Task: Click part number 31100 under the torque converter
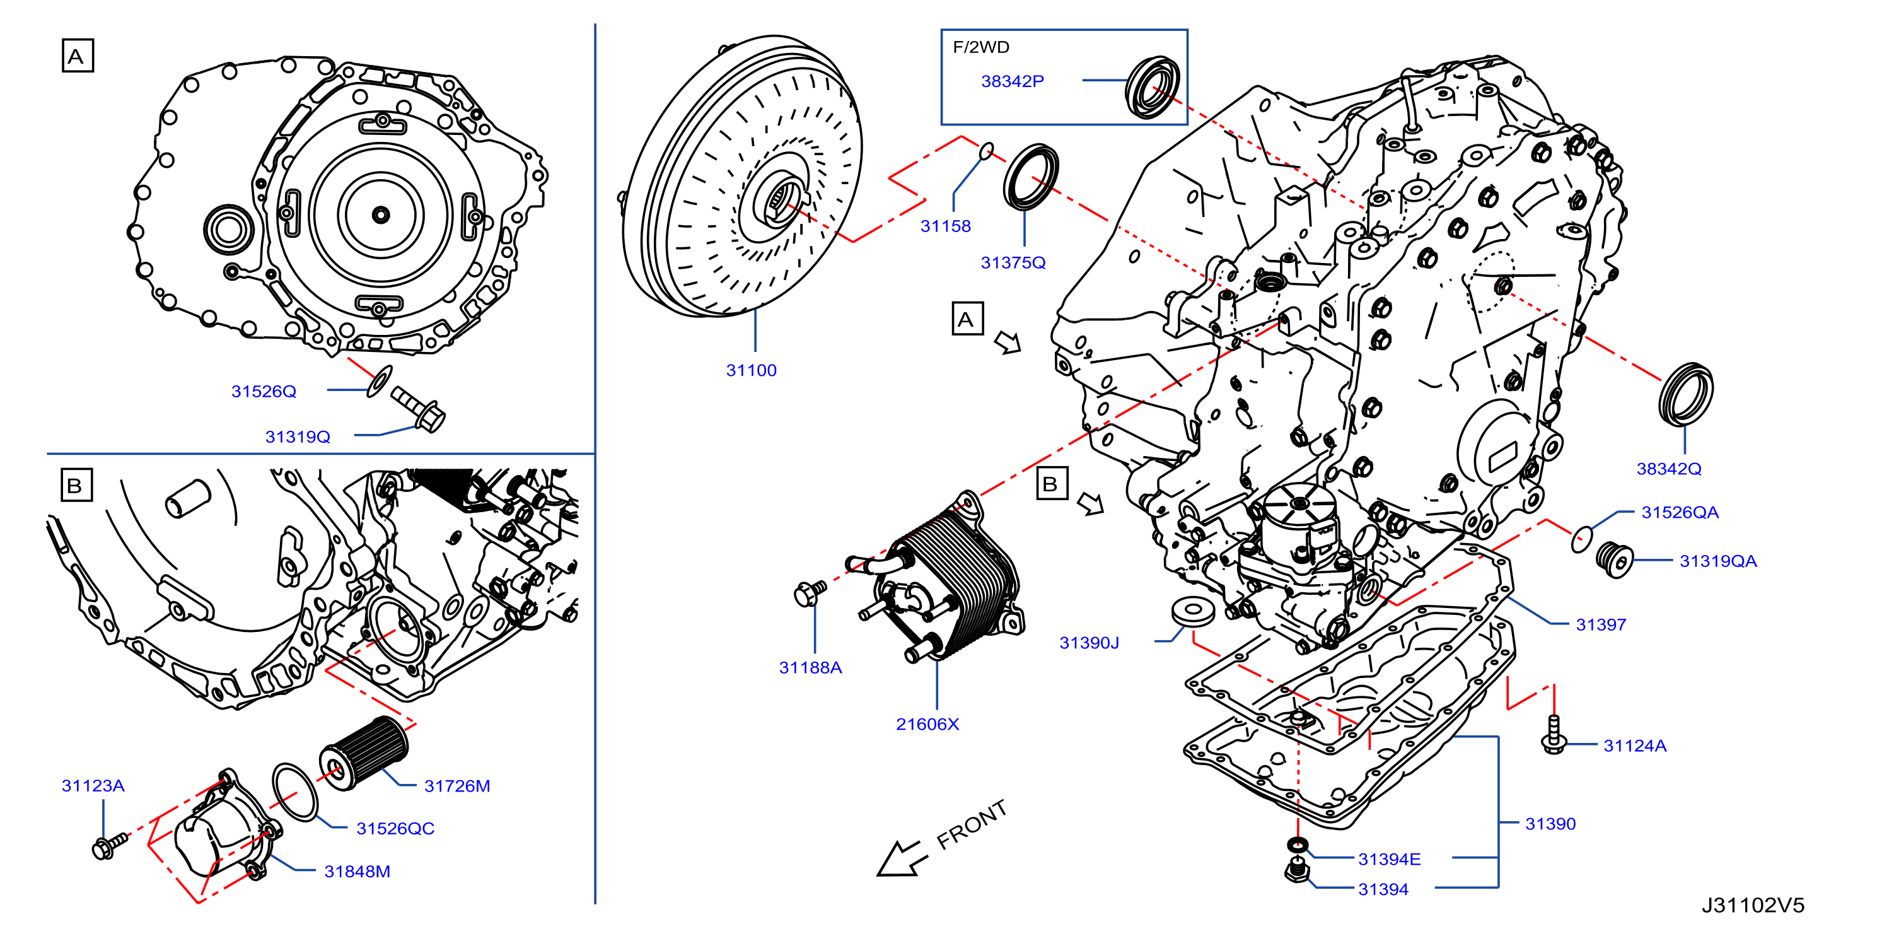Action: [751, 370]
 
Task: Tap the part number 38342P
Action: [1012, 81]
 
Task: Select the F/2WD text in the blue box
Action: [981, 47]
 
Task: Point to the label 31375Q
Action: [1013, 262]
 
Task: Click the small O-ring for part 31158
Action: [985, 151]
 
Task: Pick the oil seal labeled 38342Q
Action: [1685, 394]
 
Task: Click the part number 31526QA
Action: [1680, 513]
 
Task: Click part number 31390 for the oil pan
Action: [1550, 824]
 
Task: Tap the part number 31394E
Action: [1389, 860]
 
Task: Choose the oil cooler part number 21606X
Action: [927, 724]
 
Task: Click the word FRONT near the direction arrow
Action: [972, 824]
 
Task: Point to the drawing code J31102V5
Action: [1752, 905]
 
